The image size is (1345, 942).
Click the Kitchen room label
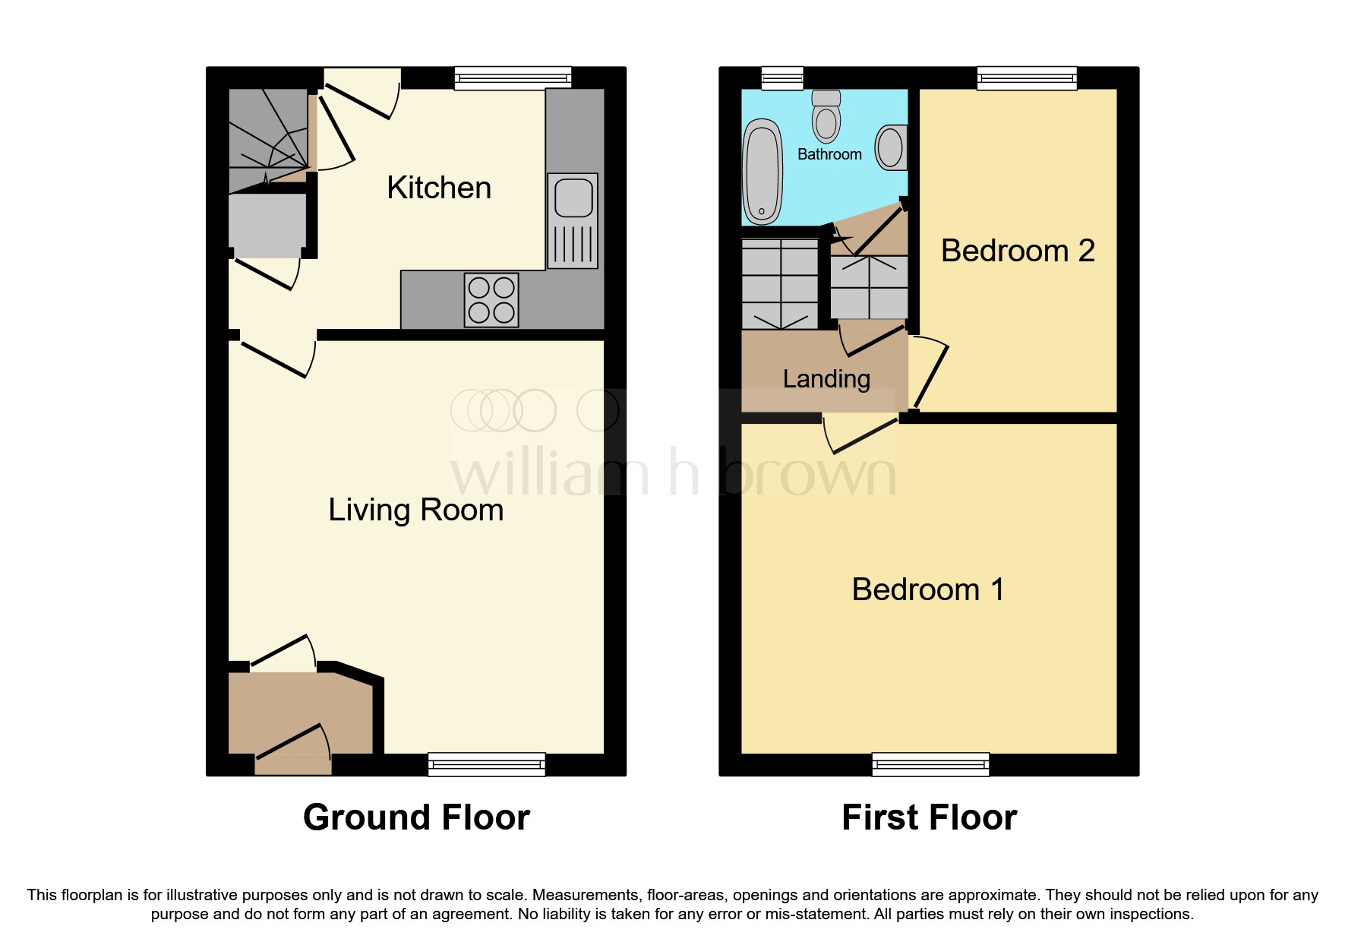(439, 188)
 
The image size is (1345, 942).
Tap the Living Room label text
(415, 510)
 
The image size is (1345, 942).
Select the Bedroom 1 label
(927, 590)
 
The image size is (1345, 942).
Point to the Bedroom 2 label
(1017, 251)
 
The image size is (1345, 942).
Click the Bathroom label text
(829, 154)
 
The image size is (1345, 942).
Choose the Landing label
(826, 378)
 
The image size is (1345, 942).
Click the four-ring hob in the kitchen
(491, 300)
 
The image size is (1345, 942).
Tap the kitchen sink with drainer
(573, 220)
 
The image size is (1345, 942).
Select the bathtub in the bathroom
(762, 172)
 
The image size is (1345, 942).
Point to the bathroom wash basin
(891, 147)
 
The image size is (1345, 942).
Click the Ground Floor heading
(416, 818)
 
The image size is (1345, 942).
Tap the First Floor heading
(929, 818)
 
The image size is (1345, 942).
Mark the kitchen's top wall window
(513, 77)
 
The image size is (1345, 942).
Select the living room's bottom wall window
(486, 764)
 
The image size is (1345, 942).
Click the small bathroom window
(782, 77)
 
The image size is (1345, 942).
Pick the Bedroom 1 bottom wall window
(930, 764)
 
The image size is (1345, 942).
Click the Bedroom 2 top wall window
(1027, 77)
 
